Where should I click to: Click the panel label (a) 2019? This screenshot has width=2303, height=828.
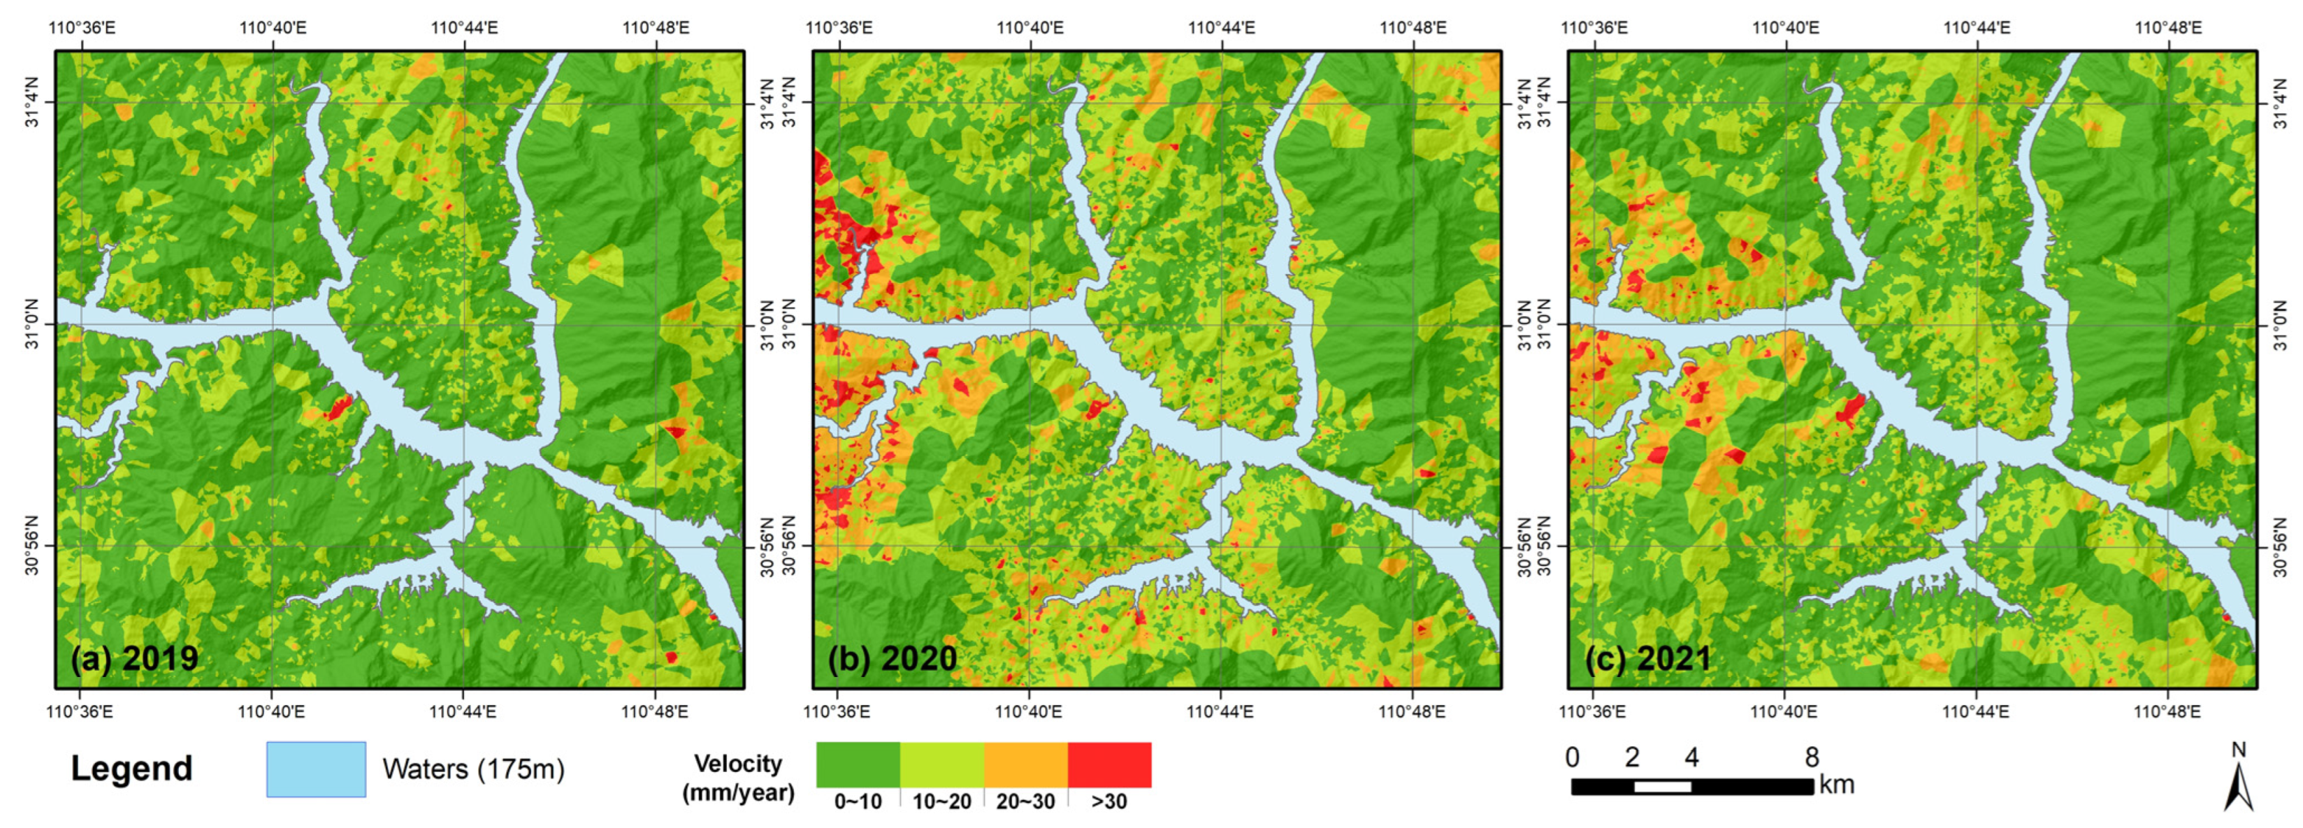(x=134, y=659)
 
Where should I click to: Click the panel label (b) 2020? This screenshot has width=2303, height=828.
(x=893, y=659)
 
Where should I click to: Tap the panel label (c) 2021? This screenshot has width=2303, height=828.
(x=1647, y=659)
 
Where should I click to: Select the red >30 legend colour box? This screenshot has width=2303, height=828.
(x=1109, y=764)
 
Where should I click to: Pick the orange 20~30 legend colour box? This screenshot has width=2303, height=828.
(x=1025, y=764)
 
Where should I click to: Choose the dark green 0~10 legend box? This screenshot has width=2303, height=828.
(x=858, y=764)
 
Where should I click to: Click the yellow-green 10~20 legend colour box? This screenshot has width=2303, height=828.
(x=941, y=764)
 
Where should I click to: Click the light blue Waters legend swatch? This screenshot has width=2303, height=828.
(x=316, y=769)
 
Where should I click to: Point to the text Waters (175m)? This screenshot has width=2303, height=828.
(x=473, y=769)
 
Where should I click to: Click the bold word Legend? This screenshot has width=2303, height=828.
(x=131, y=769)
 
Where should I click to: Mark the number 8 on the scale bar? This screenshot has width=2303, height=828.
(x=1811, y=758)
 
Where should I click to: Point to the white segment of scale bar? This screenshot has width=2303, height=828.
(x=1662, y=787)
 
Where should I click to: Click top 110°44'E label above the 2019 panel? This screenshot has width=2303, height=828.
(x=464, y=28)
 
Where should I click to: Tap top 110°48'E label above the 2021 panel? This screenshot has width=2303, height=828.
(x=2168, y=28)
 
